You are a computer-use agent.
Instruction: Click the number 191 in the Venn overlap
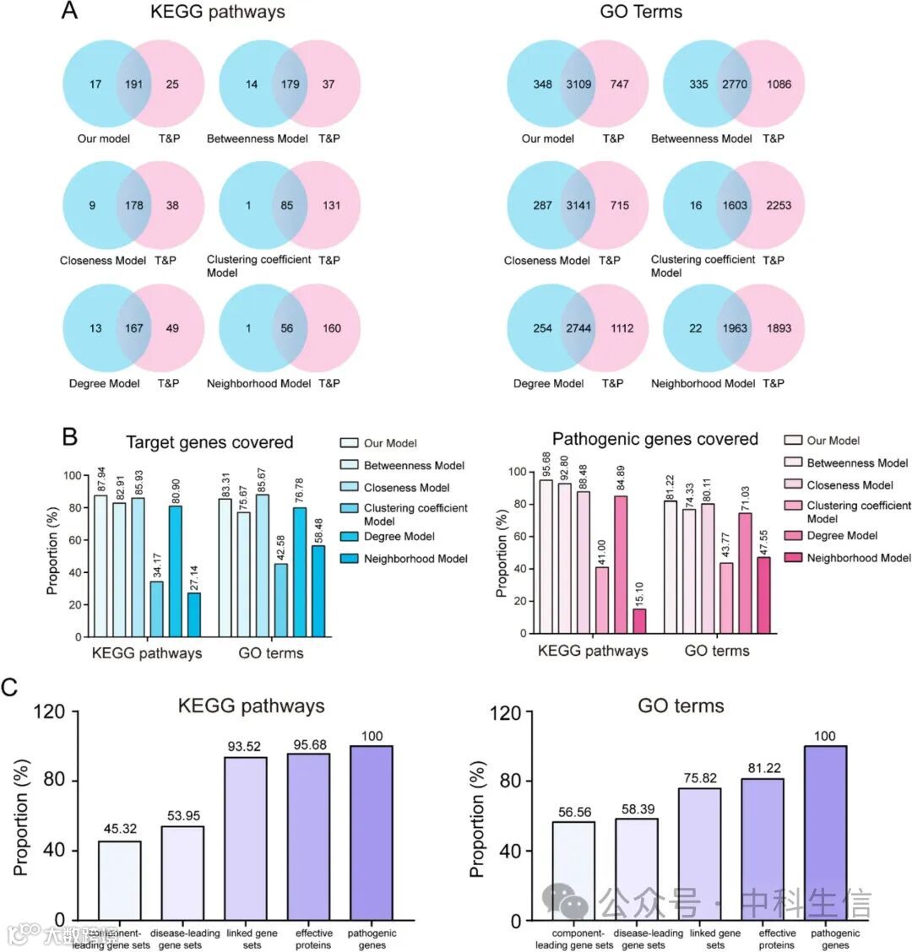click(x=133, y=84)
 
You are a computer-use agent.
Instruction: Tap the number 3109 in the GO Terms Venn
click(x=578, y=84)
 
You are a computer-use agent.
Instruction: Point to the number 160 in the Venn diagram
click(x=331, y=328)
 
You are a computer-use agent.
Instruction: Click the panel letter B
click(x=70, y=437)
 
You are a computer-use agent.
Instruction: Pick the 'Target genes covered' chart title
click(x=209, y=442)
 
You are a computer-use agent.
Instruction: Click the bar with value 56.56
click(x=573, y=870)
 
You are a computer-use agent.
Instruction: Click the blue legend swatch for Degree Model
click(x=349, y=537)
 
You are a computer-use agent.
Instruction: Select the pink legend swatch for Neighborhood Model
click(x=792, y=558)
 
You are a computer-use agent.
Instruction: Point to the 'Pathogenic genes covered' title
click(x=654, y=439)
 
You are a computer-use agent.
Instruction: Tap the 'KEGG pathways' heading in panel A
click(x=217, y=12)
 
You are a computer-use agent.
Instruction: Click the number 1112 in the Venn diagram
click(x=622, y=328)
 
